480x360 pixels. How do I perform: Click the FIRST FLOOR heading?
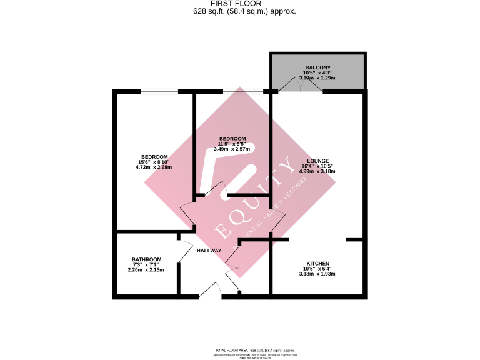240,4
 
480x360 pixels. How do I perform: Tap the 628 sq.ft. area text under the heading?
240,11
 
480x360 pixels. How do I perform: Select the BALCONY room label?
317,67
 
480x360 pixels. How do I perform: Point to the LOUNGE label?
317,161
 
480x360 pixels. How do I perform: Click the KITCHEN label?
317,264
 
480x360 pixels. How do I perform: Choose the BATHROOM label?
147,260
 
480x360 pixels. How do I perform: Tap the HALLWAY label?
209,251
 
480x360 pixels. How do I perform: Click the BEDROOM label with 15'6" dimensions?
154,156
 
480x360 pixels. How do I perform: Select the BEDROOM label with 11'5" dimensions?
232,139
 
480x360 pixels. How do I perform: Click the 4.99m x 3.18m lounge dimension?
317,171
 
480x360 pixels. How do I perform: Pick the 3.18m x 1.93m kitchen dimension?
317,274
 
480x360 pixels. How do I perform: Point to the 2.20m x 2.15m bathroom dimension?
147,270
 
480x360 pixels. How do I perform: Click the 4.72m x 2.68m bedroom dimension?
154,167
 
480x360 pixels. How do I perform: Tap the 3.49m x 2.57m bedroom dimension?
232,149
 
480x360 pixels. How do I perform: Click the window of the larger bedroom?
159,92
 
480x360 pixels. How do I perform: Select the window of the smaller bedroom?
242,92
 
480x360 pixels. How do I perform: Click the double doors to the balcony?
301,86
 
